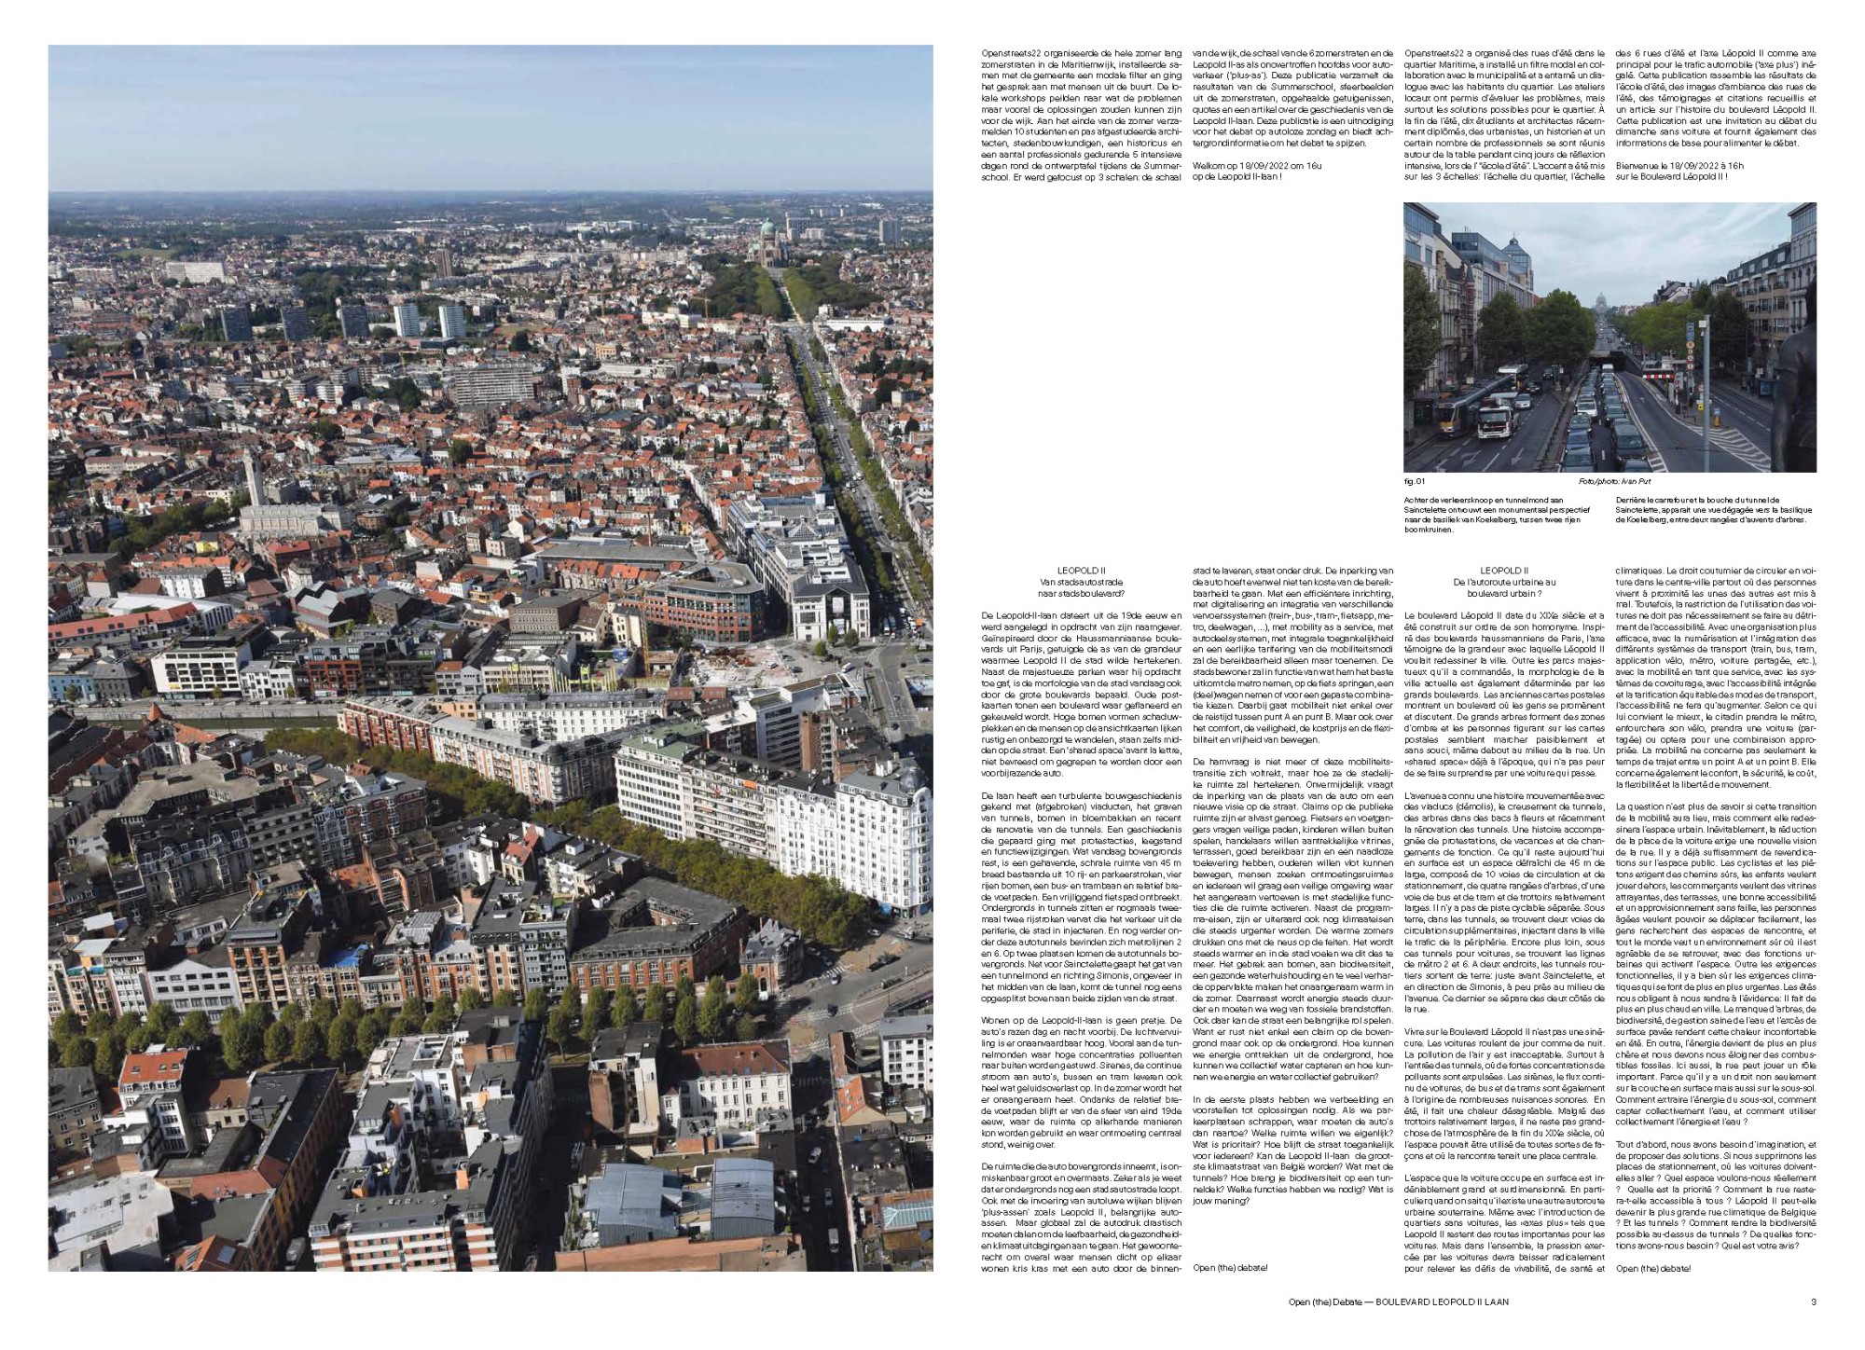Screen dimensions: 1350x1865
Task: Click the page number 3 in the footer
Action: [1813, 1302]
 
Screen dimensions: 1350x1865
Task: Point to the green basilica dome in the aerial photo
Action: [767, 228]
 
